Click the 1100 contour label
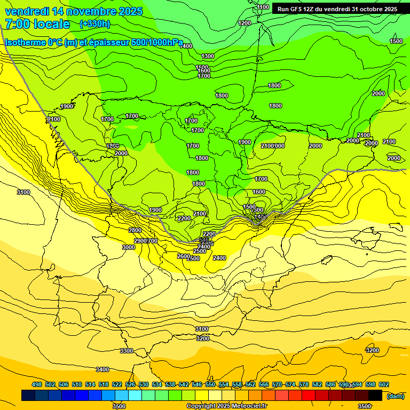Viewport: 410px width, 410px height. (x=263, y=7)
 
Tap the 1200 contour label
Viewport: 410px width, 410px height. (x=245, y=23)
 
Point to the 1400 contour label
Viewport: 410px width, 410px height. (x=186, y=46)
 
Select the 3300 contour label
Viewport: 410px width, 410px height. (x=127, y=351)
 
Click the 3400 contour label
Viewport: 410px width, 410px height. (x=102, y=369)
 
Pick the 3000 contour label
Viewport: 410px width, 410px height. (x=128, y=247)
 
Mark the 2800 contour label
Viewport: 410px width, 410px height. (x=135, y=230)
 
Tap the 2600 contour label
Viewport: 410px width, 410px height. (x=183, y=256)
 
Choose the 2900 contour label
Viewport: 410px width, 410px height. (x=140, y=241)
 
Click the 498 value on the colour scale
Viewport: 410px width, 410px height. (x=37, y=384)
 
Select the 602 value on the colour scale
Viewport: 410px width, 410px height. (x=384, y=384)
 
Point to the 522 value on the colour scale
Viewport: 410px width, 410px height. (x=117, y=384)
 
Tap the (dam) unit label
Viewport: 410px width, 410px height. (x=395, y=396)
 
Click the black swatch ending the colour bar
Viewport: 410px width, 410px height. (x=375, y=395)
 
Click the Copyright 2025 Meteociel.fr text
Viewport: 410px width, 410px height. (x=227, y=406)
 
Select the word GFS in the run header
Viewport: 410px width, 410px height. (x=296, y=9)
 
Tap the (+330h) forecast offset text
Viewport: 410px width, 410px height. (x=94, y=23)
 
